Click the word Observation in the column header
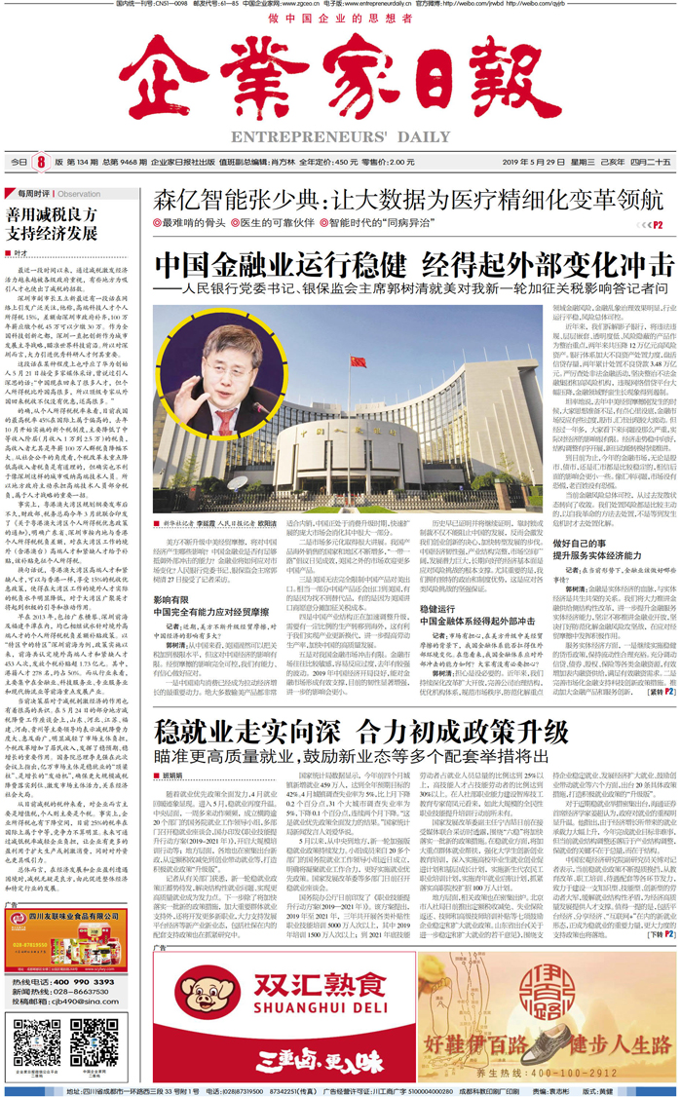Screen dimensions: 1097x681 tap(79, 194)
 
